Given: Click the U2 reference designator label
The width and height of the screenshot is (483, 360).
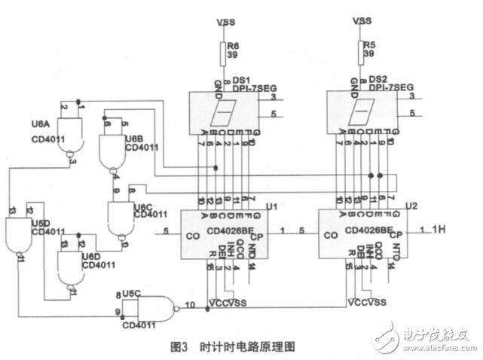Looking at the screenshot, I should pyautogui.click(x=411, y=205).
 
